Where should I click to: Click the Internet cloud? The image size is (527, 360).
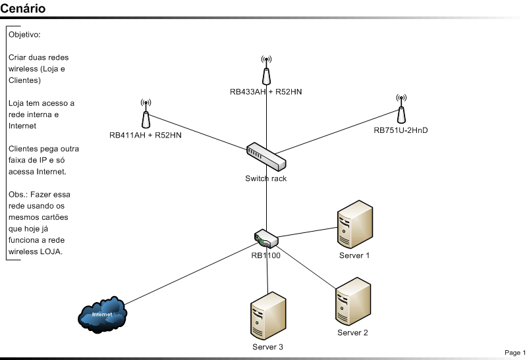pos(102,313)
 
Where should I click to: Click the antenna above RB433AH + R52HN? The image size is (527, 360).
pos(265,70)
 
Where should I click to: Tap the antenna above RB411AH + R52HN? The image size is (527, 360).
pos(146,114)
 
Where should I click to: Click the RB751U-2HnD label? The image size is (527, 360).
pos(401,130)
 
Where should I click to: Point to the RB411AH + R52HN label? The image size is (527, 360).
pos(146,135)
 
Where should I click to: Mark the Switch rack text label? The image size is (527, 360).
pos(266,178)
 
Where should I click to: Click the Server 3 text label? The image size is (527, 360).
pos(267,347)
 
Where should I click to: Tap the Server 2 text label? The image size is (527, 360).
pos(352,332)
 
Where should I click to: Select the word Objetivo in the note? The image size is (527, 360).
pos(25,34)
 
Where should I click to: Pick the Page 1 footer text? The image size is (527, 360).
pos(515,353)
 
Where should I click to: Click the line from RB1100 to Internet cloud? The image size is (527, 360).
pos(191,272)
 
